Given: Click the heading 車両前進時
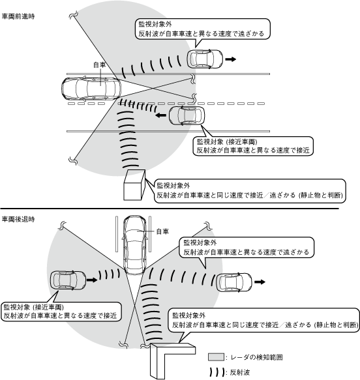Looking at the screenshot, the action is click(x=18, y=16).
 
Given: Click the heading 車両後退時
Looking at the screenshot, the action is click(x=18, y=219).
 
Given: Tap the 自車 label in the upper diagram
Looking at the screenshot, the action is click(x=100, y=65).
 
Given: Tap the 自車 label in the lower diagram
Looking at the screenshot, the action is click(x=162, y=231).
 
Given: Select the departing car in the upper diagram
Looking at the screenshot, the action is click(x=205, y=59).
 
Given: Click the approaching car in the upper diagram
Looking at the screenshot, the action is click(x=187, y=115).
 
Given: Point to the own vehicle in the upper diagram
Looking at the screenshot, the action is click(x=91, y=89).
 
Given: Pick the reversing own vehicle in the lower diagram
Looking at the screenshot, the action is click(x=134, y=245).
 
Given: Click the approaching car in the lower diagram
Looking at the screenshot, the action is click(x=68, y=280).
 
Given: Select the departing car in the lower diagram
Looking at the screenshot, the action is click(x=234, y=282).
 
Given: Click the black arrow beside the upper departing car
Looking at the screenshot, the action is click(x=231, y=59).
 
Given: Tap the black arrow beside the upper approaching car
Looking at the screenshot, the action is click(x=160, y=115).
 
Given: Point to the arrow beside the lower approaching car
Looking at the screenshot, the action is click(x=92, y=280).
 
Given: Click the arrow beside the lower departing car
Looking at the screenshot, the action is click(x=260, y=282).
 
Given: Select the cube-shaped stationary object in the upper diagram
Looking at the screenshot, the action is click(x=134, y=185).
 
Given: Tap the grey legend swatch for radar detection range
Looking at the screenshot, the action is click(x=216, y=357).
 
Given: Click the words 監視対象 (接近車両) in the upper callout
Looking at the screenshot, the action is click(x=227, y=141).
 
